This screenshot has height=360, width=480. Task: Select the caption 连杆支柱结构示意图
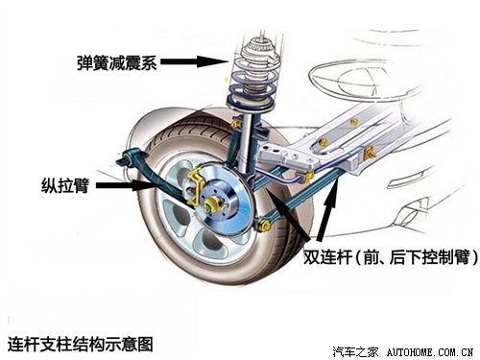point(79,340)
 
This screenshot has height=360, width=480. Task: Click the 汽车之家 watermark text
point(356,349)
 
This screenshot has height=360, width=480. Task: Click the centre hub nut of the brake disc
point(212,204)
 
